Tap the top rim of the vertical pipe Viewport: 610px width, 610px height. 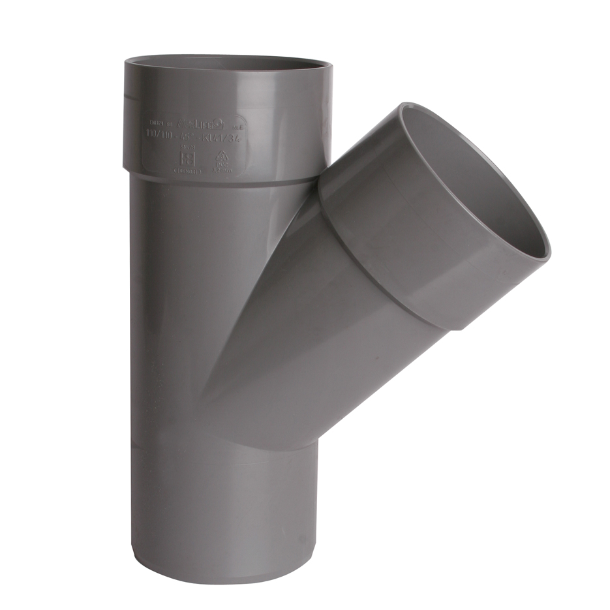(x=228, y=60)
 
